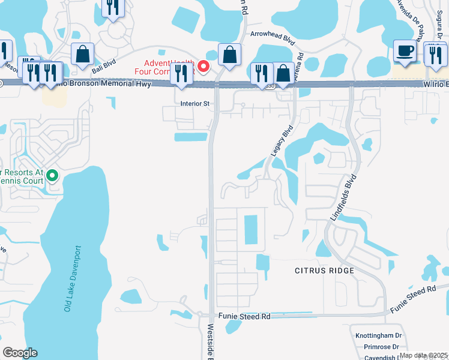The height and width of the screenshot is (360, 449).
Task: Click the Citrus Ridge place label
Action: click(324, 271)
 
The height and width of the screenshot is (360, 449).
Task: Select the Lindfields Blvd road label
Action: click(343, 198)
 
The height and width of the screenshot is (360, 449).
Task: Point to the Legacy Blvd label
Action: click(282, 140)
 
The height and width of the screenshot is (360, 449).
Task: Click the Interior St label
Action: click(195, 103)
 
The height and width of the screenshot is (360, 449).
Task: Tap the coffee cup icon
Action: click(405, 51)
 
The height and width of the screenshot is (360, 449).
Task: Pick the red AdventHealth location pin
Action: click(203, 65)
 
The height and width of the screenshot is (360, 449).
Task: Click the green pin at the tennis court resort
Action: click(52, 176)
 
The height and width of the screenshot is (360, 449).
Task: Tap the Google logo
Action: click(20, 353)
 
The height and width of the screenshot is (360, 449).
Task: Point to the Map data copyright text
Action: click(423, 355)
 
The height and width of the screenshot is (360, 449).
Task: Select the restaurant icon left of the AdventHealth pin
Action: click(179, 73)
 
